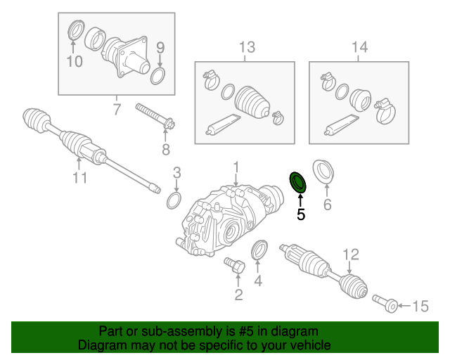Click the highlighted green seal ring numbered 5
tap(299, 182)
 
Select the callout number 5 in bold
tap(301, 215)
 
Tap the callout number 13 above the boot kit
tap(246, 48)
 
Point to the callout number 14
tap(359, 48)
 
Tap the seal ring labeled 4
tap(259, 251)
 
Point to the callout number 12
tap(350, 255)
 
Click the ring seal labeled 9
tap(159, 76)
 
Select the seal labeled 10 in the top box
tap(74, 33)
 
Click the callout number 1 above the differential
tap(237, 167)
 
